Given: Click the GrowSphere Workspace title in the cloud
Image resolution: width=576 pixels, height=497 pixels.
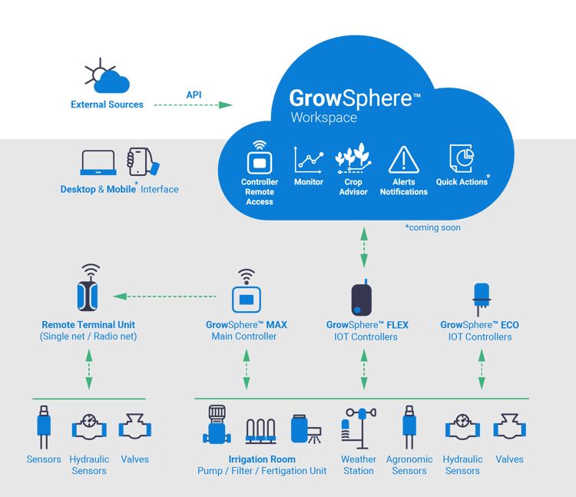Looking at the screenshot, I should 354,105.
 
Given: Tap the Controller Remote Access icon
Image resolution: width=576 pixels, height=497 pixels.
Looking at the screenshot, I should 260,160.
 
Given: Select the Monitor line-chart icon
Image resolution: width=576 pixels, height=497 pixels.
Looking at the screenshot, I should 309,160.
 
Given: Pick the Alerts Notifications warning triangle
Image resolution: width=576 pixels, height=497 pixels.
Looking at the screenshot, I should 403,159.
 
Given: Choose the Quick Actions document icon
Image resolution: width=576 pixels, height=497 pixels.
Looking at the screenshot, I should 461,159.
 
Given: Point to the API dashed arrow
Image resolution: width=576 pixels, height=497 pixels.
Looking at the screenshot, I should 194,104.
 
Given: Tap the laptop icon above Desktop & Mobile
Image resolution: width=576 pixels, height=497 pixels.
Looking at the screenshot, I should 98,163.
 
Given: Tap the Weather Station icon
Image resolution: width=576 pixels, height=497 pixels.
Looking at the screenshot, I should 358,431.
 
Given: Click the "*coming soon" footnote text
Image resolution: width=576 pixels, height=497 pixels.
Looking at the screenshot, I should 432,227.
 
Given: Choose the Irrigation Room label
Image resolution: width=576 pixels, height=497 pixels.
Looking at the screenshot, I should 262,459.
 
